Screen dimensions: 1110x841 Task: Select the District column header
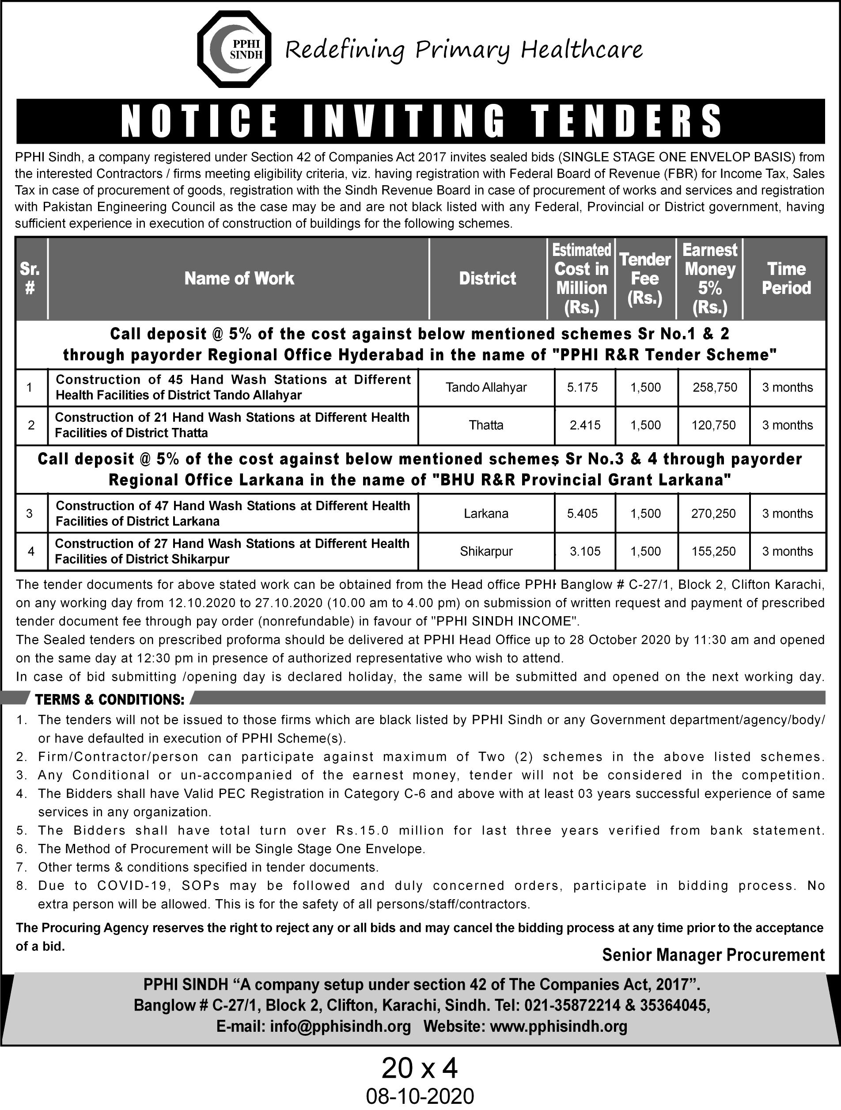tap(488, 278)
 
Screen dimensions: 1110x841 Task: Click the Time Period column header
tap(786, 278)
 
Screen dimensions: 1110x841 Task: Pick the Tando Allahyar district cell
tap(486, 387)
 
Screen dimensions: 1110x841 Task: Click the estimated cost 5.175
tap(582, 387)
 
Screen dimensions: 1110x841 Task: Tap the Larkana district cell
tap(486, 513)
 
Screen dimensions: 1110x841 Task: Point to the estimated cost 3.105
tap(585, 552)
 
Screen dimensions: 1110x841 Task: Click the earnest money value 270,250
tap(714, 513)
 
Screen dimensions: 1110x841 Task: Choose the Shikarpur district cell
tap(486, 552)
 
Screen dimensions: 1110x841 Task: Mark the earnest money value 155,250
tap(714, 552)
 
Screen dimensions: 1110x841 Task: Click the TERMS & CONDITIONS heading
tap(110, 699)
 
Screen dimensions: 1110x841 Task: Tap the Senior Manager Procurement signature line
tap(713, 955)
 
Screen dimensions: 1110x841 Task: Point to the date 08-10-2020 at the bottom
tap(420, 1097)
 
